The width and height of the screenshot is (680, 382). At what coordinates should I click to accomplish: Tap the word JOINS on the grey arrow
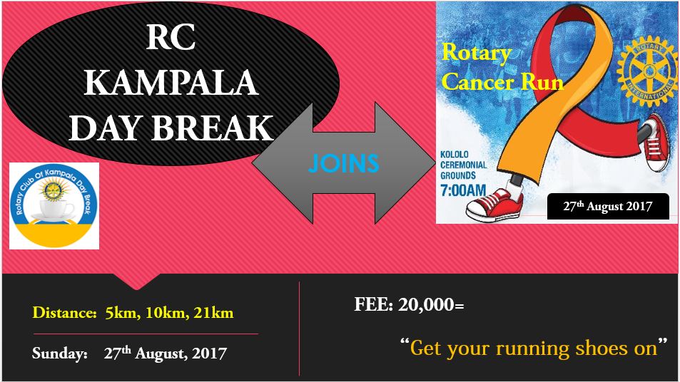coord(343,162)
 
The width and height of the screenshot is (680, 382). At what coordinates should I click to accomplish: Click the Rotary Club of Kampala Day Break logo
coord(54,206)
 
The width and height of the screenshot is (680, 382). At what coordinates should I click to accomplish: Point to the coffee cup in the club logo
coord(52,210)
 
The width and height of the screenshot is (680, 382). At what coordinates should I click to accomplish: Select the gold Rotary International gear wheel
coord(647,71)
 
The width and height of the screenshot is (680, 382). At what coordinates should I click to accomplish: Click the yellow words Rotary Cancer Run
coord(502,67)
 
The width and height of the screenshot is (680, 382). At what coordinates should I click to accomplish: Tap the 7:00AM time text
coord(463,190)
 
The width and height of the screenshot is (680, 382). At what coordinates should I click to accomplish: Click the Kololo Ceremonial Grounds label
coord(463,165)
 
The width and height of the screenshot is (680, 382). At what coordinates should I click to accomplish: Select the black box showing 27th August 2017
coord(608,206)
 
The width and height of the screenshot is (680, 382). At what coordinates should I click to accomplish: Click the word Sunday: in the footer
coord(60,353)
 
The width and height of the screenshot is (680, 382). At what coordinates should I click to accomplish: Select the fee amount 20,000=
coord(431,304)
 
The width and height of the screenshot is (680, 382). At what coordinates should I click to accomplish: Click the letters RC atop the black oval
coord(171,37)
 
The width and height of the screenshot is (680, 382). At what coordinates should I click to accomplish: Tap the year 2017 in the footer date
coord(210,353)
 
